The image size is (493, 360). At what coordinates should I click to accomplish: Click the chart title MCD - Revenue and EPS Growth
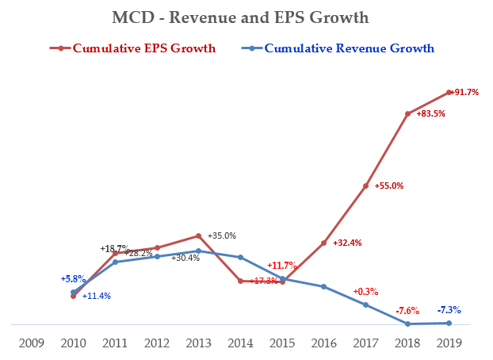tap(246, 17)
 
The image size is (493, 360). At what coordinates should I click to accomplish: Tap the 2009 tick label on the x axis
tap(31, 343)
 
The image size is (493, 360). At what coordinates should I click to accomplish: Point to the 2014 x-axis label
tap(240, 343)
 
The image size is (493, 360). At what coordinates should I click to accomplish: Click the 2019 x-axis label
tap(449, 343)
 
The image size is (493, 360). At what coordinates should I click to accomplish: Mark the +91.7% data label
tap(465, 93)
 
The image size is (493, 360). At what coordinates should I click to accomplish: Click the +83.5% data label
tap(431, 114)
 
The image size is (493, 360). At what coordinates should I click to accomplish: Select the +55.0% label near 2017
tap(389, 186)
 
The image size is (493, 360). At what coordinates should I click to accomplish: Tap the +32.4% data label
tap(347, 243)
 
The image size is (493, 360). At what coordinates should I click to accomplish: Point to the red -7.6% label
tap(407, 310)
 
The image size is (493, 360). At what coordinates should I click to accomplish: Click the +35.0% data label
tap(221, 236)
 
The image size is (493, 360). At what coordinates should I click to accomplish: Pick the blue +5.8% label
tap(73, 279)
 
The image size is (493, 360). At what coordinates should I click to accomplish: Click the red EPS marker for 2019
tap(449, 92)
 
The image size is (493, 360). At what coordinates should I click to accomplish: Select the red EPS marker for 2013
tap(199, 236)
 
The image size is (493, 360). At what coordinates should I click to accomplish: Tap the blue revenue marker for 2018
tap(407, 324)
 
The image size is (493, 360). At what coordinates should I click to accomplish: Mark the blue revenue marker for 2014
tap(240, 257)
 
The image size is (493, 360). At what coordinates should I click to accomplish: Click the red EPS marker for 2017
tap(365, 186)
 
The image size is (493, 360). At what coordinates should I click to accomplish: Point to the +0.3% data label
tap(366, 291)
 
